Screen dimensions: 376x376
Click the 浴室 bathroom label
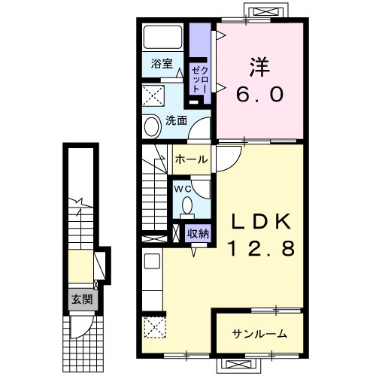click(162, 64)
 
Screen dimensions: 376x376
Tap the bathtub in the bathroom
click(162, 36)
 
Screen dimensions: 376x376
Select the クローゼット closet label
click(199, 80)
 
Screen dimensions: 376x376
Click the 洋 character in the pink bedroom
click(259, 67)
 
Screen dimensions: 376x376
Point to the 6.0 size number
click(259, 94)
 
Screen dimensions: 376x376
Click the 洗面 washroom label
click(177, 121)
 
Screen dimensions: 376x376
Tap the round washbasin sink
click(153, 126)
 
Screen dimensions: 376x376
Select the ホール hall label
click(192, 159)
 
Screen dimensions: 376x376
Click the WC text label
click(183, 189)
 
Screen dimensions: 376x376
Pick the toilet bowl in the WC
click(187, 206)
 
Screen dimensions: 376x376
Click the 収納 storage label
click(199, 234)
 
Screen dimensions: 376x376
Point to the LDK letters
click(260, 221)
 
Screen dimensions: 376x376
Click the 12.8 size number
click(260, 248)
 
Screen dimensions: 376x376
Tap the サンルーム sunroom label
click(259, 334)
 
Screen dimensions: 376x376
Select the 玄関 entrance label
click(82, 299)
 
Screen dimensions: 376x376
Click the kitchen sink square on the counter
click(152, 261)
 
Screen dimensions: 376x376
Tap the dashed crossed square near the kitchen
click(154, 327)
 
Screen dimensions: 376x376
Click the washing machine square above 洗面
click(153, 96)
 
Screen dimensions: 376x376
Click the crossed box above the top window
click(265, 12)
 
